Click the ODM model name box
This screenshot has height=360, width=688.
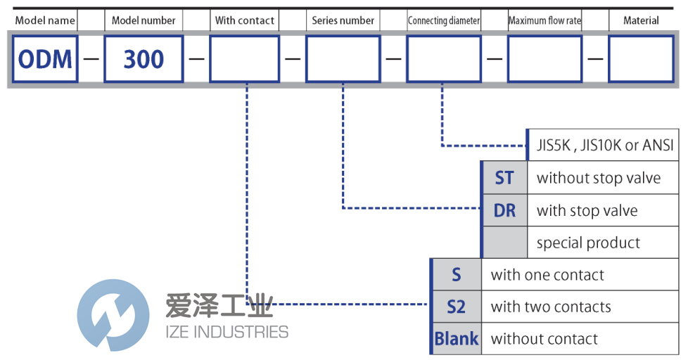45,59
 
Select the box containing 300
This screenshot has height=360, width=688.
144,59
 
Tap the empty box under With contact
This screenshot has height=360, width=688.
244,59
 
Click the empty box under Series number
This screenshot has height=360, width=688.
343,59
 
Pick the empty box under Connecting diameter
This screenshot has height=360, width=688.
444,59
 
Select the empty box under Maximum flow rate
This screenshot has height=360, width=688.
544,59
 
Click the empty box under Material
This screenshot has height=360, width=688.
641,59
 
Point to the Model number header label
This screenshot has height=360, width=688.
144,20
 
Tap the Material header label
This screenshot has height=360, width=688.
641,20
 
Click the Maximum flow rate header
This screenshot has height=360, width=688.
544,20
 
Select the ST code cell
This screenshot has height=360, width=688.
504,178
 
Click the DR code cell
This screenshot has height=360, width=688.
504,210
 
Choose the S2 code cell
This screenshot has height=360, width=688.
456,307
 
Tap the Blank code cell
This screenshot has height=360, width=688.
456,339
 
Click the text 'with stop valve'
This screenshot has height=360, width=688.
587,210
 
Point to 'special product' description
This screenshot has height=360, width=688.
588,243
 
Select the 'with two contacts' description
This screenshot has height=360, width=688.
551,307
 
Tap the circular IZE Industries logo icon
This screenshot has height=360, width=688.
113,315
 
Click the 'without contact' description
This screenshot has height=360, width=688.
544,339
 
